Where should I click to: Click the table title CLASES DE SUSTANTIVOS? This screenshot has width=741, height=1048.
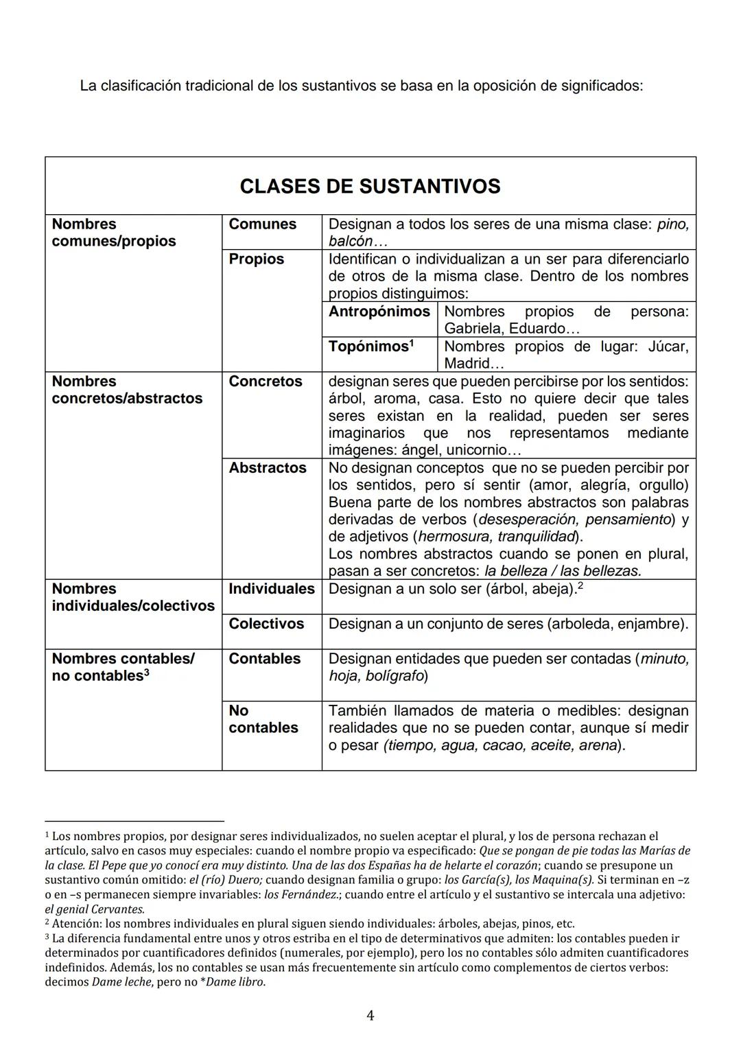(370, 187)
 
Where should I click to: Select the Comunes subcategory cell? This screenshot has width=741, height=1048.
(262, 224)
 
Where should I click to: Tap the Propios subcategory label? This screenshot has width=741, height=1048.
(256, 259)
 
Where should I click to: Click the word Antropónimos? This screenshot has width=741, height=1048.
(379, 312)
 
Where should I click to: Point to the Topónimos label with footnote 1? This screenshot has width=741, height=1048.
(370, 347)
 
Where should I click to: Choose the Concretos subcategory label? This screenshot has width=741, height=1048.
(265, 382)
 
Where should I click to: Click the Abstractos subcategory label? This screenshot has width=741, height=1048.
(267, 468)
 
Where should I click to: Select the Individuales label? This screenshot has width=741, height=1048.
(271, 589)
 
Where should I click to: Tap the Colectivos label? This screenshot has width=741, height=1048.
(266, 624)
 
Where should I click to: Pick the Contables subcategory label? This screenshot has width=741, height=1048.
(264, 659)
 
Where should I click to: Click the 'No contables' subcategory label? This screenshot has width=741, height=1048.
(263, 719)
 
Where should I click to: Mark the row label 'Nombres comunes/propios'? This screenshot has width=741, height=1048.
(113, 233)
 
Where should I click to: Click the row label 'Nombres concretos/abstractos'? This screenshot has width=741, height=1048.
(127, 390)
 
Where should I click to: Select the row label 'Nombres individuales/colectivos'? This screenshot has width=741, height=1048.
(132, 597)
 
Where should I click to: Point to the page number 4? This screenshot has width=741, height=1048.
(370, 1016)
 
